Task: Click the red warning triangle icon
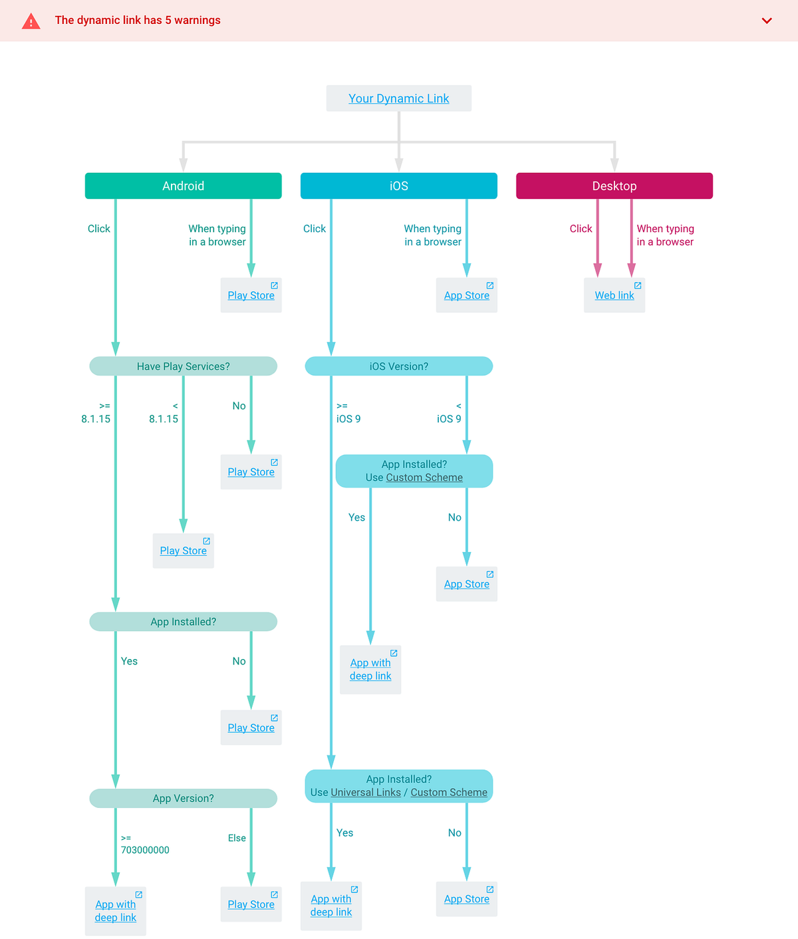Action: [31, 21]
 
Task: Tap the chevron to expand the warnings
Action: [767, 21]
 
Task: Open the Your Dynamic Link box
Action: [399, 98]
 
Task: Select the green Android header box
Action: [183, 186]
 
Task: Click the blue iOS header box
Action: [399, 186]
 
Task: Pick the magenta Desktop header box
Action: [614, 186]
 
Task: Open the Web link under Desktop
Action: [614, 295]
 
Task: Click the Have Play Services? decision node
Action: [183, 366]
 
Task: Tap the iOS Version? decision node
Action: [399, 366]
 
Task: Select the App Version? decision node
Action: [183, 798]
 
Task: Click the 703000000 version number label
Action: [145, 850]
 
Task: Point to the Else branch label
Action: [237, 838]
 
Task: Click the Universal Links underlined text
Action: [366, 792]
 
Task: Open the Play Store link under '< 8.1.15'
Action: [183, 551]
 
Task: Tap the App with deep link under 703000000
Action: [115, 911]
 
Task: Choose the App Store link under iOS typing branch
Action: [466, 295]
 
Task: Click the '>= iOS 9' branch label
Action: [348, 412]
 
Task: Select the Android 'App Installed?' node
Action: [183, 622]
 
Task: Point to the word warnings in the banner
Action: [197, 21]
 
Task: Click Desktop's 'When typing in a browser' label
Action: [666, 235]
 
